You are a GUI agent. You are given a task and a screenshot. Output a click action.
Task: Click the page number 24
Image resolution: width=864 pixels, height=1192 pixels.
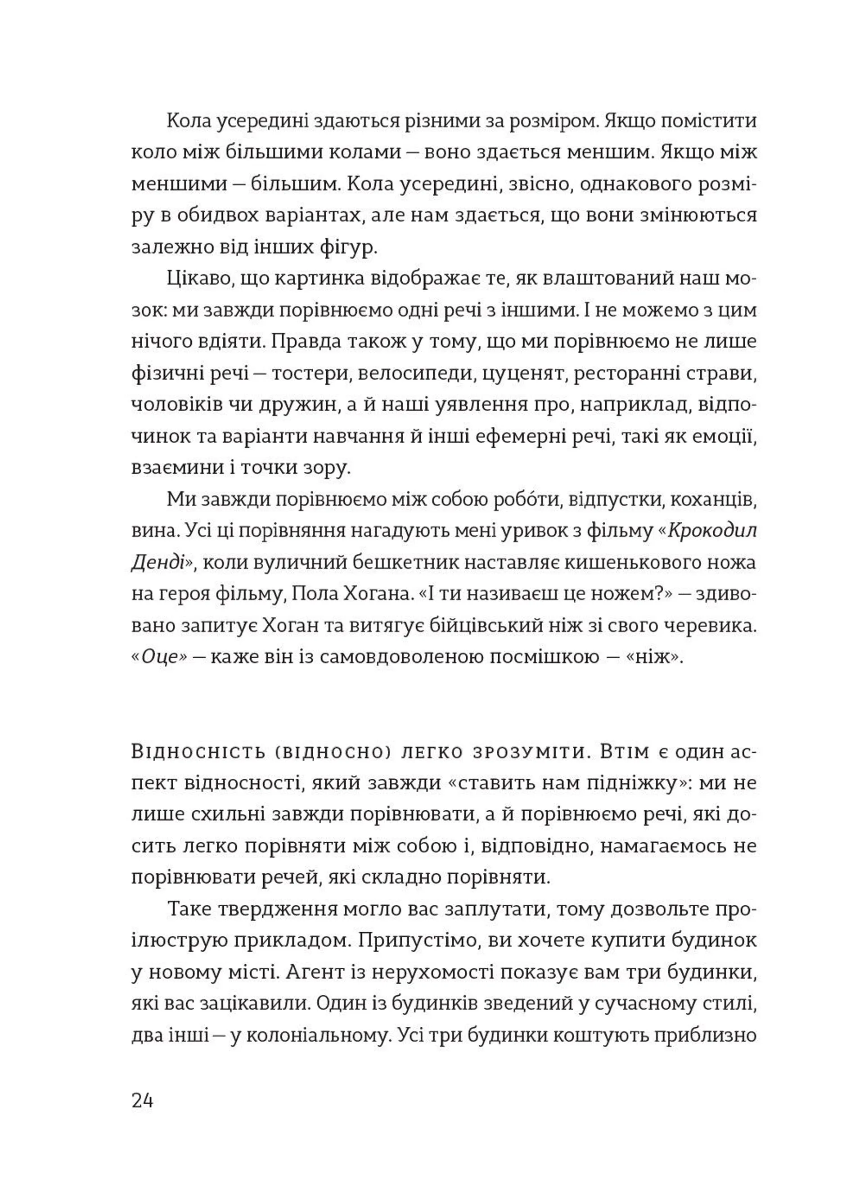pyautogui.click(x=142, y=1100)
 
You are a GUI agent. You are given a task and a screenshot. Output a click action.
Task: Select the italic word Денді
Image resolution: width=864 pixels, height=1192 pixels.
pyautogui.click(x=157, y=562)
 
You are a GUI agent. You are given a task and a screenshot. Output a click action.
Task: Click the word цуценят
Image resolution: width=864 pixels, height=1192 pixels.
pyautogui.click(x=522, y=374)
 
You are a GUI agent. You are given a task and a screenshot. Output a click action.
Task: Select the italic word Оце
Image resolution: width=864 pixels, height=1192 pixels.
pyautogui.click(x=161, y=658)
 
